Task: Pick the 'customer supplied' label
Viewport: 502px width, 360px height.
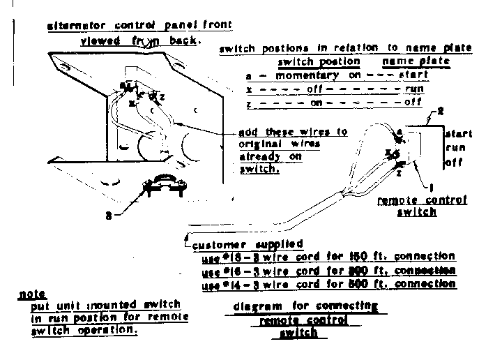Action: [248, 244]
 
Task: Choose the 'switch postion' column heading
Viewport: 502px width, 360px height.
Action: [319, 61]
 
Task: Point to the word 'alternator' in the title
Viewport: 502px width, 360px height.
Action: [76, 26]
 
